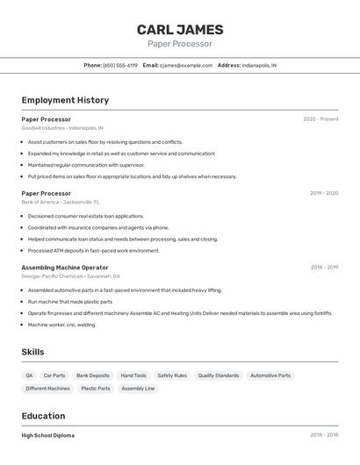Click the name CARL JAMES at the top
[x=180, y=30]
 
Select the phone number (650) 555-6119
[x=120, y=65]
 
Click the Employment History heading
[x=65, y=100]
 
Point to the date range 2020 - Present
[x=320, y=119]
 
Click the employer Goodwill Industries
[x=43, y=128]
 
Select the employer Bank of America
[x=40, y=202]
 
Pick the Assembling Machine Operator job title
[x=65, y=268]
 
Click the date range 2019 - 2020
[x=323, y=193]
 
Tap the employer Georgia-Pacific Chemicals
[x=52, y=276]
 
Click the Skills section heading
[x=32, y=352]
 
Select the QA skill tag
[x=30, y=376]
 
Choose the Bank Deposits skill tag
[x=93, y=376]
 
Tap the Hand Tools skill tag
[x=133, y=376]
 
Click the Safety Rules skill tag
[x=172, y=376]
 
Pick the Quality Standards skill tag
[x=219, y=376]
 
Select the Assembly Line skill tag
[x=138, y=388]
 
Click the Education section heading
[x=43, y=416]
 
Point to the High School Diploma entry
[x=48, y=435]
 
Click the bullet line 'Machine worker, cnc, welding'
[x=61, y=325]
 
